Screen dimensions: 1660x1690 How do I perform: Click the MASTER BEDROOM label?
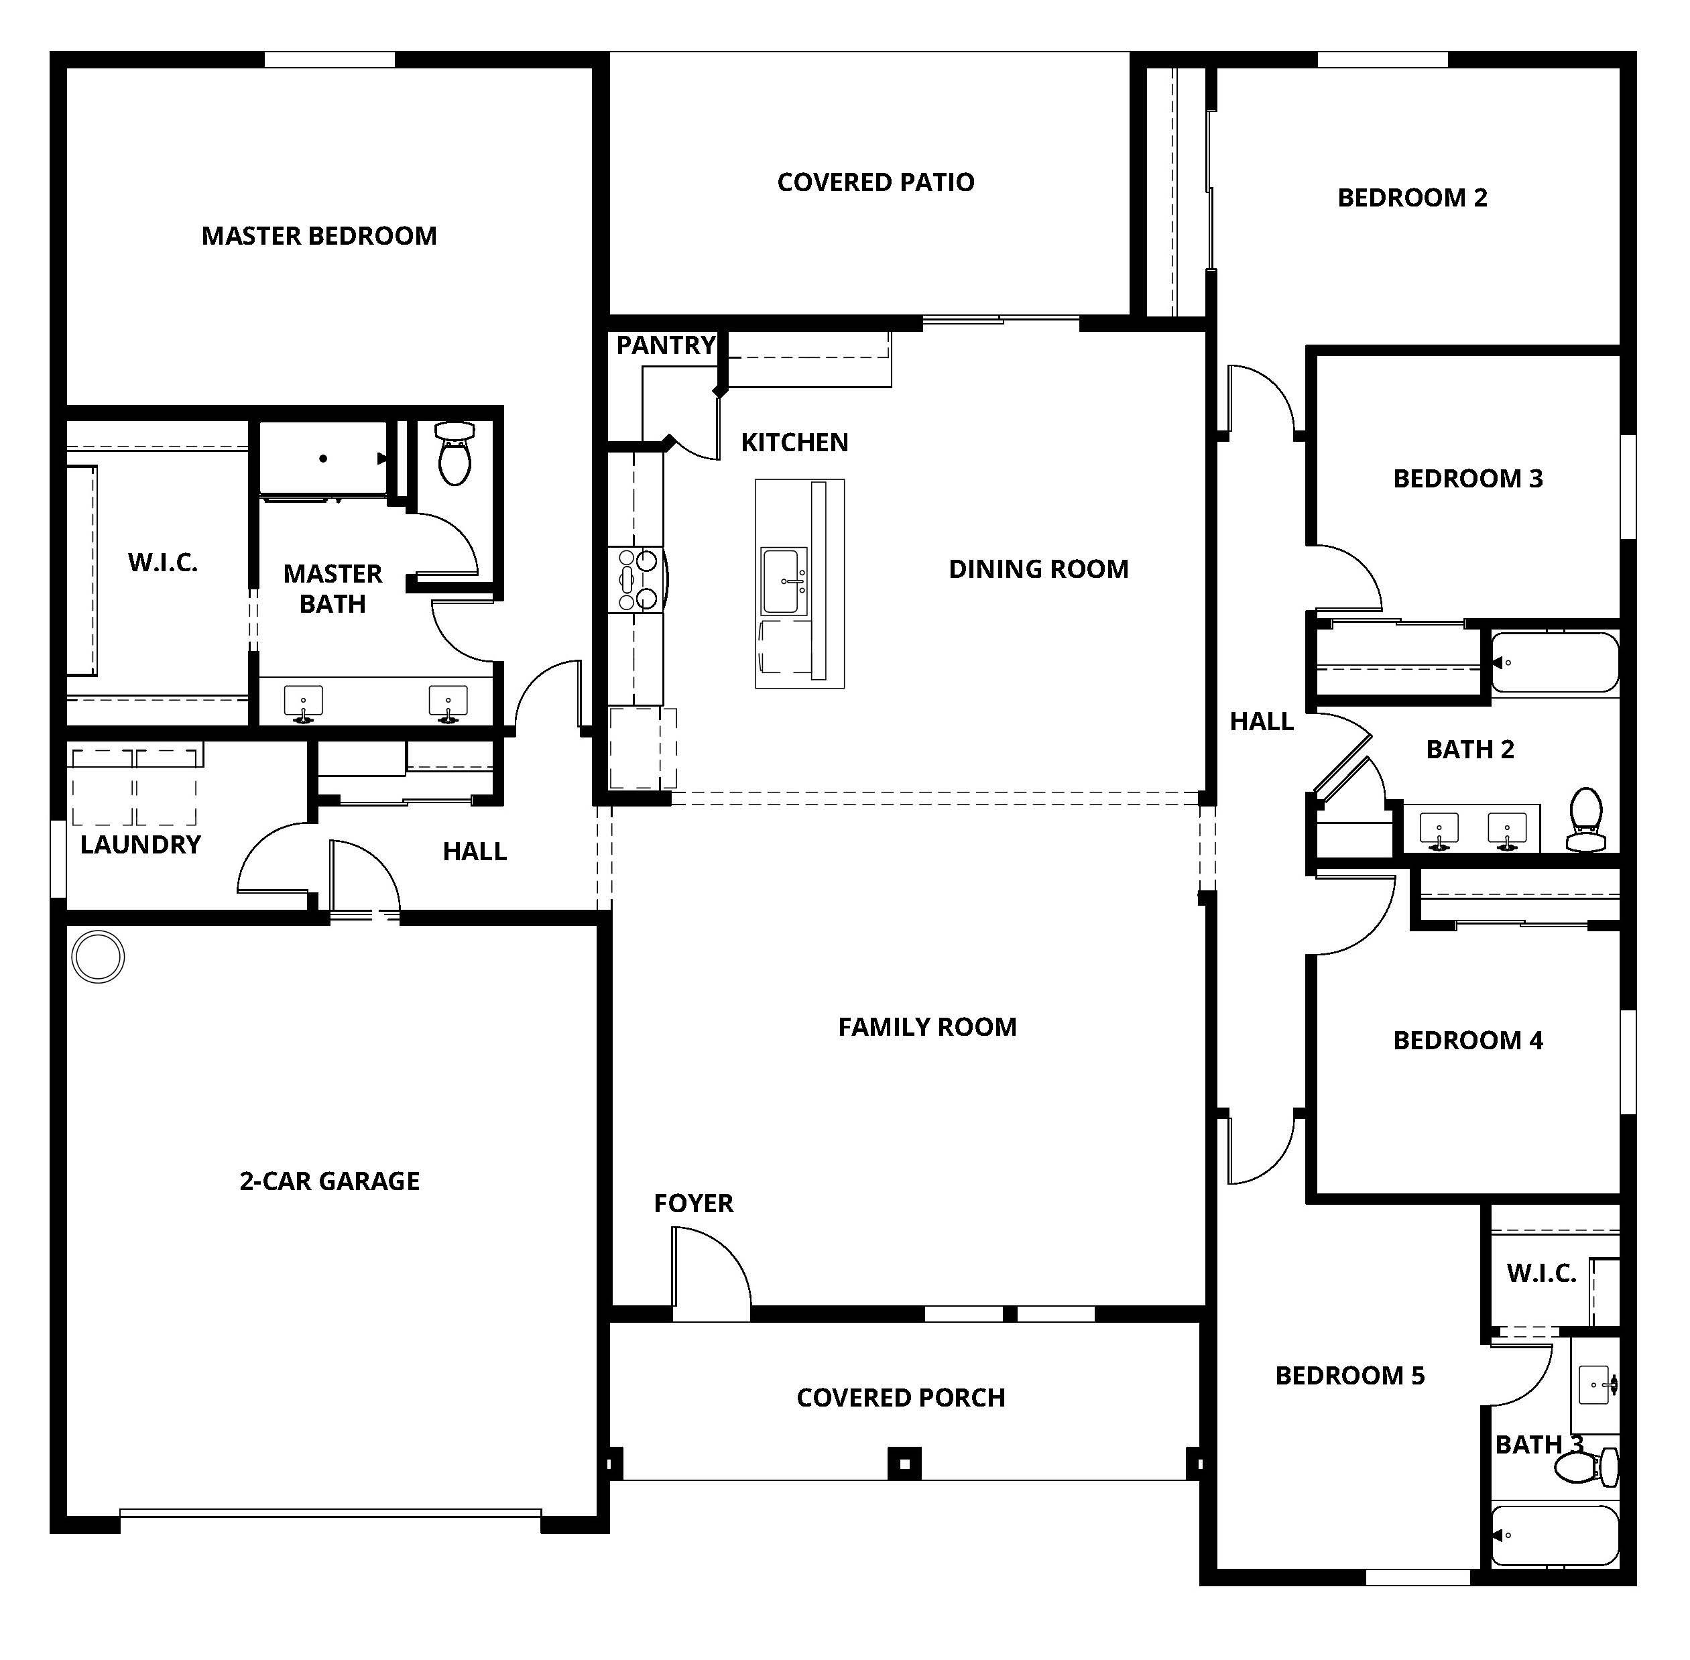pyautogui.click(x=319, y=235)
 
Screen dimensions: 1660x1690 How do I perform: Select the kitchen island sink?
pyautogui.click(x=784, y=581)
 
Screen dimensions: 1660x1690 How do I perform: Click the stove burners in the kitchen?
pyautogui.click(x=636, y=579)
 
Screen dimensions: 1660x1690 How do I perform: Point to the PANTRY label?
pyautogui.click(x=665, y=345)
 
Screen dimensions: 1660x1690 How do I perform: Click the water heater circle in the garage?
pyautogui.click(x=98, y=957)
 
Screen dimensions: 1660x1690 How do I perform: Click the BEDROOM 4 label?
pyautogui.click(x=1467, y=1040)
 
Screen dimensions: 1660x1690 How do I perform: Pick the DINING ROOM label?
pyautogui.click(x=1038, y=569)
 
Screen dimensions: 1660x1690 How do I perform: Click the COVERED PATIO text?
pyautogui.click(x=875, y=182)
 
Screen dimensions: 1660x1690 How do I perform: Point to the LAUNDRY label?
pyautogui.click(x=140, y=844)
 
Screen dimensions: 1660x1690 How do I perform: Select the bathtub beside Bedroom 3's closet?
pyautogui.click(x=1554, y=662)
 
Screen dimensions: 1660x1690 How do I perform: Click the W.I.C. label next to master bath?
pyautogui.click(x=163, y=562)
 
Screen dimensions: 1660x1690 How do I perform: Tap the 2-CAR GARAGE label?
pyautogui.click(x=329, y=1181)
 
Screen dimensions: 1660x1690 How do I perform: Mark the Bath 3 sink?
pyautogui.click(x=1597, y=1384)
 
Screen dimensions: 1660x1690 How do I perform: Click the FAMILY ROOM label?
pyautogui.click(x=927, y=1027)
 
